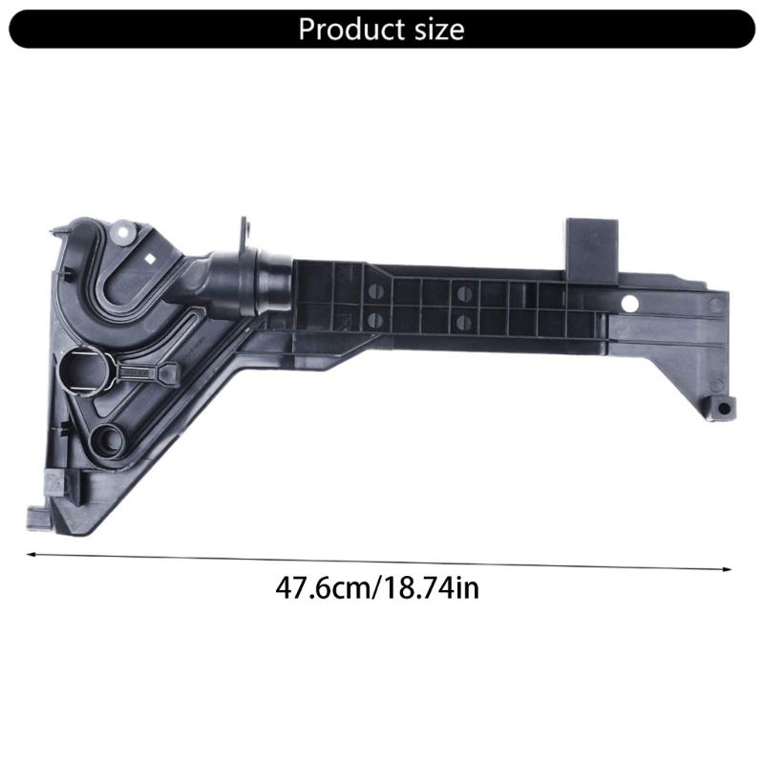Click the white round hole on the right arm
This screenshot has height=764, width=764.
pyautogui.click(x=628, y=305)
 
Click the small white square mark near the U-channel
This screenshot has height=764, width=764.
pyautogui.click(x=151, y=259)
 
